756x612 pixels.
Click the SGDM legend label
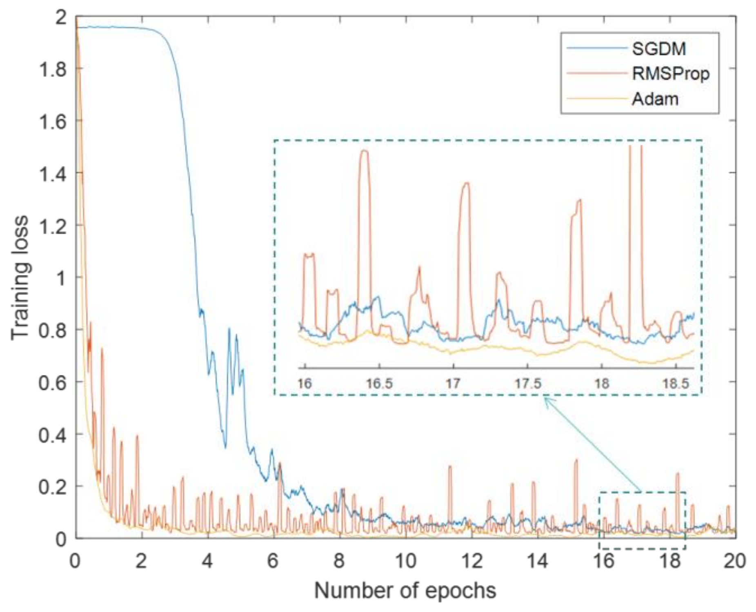click(658, 49)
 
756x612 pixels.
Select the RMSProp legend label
click(670, 73)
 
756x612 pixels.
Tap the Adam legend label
click(655, 99)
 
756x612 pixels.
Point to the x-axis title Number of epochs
click(405, 590)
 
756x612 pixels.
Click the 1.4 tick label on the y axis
click(52, 173)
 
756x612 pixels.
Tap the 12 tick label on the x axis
click(471, 561)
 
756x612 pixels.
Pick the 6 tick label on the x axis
click(273, 561)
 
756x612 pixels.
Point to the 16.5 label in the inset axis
click(379, 383)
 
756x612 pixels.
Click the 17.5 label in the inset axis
click(527, 383)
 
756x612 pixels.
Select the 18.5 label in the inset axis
click(676, 383)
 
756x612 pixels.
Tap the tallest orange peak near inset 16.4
click(364, 151)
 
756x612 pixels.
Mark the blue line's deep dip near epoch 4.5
click(225, 448)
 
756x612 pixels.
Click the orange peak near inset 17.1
click(466, 183)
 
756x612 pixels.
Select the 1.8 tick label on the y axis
click(52, 69)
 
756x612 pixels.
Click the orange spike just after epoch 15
click(576, 460)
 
